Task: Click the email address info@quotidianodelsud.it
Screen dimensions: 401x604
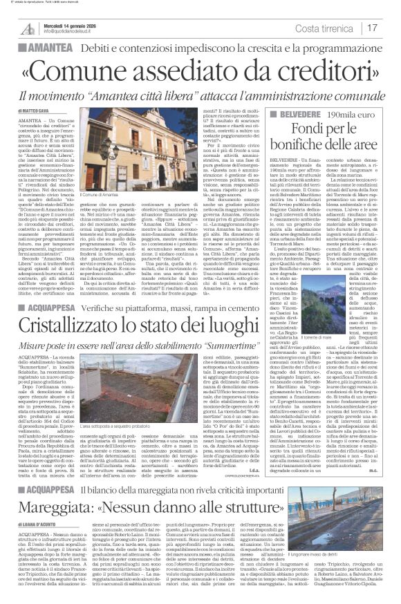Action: (70, 32)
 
